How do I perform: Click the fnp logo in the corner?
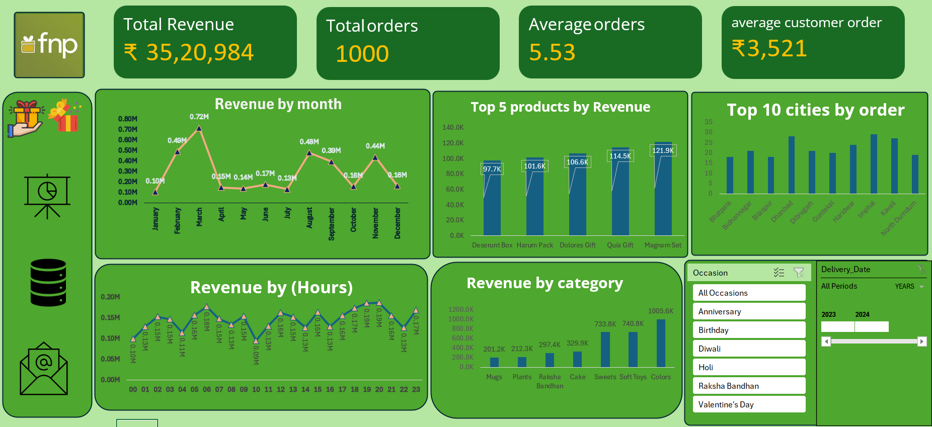point(49,45)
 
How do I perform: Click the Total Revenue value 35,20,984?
point(200,53)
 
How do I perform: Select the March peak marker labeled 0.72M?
point(199,129)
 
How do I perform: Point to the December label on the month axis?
point(398,223)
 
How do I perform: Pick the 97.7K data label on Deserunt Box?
point(492,169)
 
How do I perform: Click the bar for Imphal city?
point(874,164)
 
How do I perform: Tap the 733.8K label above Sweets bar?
point(605,324)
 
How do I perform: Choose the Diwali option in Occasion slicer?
point(749,349)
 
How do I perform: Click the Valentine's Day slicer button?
point(749,404)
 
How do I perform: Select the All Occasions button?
point(749,293)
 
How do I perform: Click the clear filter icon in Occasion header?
point(798,273)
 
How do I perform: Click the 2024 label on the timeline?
point(862,314)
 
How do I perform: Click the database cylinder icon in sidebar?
point(48,283)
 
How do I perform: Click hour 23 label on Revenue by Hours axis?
point(416,389)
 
